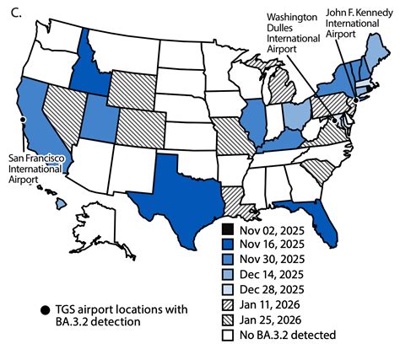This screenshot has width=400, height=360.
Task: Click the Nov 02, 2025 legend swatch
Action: (x=228, y=229)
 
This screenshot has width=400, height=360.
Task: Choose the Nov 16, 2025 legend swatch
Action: (x=228, y=244)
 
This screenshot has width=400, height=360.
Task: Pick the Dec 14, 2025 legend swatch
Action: (x=228, y=275)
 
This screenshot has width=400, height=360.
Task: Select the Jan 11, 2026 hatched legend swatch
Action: (x=228, y=305)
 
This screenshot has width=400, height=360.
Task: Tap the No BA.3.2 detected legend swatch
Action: (x=228, y=336)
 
